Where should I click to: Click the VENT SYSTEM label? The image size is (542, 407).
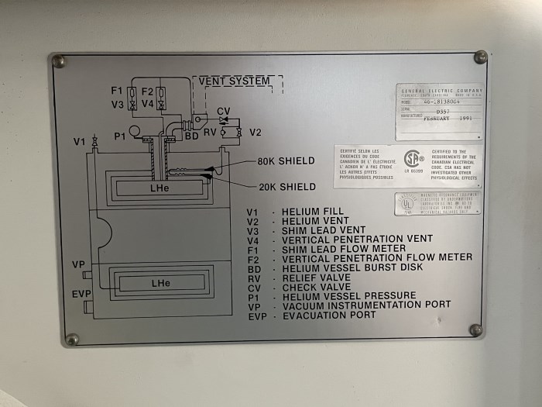[235, 81]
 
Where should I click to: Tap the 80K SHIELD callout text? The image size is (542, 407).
[286, 161]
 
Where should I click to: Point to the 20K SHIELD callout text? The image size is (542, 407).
[286, 187]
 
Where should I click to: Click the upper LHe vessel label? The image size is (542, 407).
[160, 188]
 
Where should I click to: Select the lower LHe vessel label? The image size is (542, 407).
[161, 284]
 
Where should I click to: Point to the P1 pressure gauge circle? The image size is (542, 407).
[134, 130]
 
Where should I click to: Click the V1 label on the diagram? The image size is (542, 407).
[80, 142]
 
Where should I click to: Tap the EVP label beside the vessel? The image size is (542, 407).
[81, 295]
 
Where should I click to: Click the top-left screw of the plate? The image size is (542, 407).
[59, 61]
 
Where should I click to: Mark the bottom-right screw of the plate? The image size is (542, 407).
[475, 330]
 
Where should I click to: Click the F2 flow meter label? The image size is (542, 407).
[148, 91]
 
